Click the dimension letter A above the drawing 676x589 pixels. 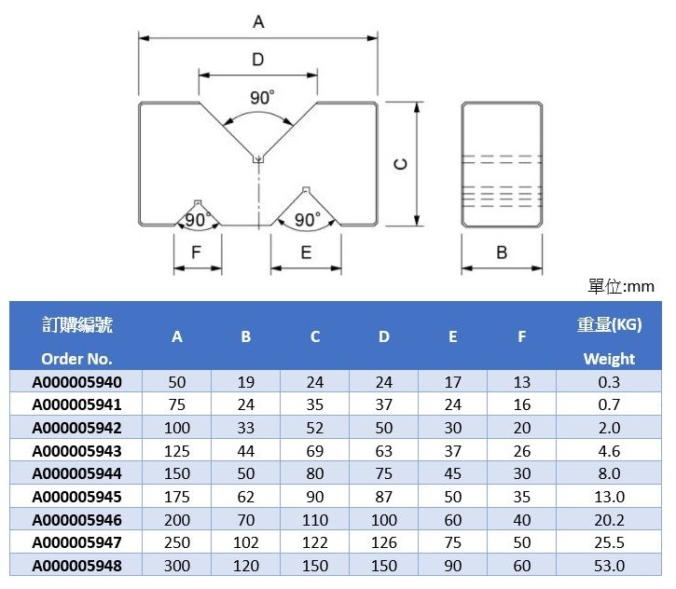point(258,21)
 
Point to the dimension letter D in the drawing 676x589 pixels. point(257,60)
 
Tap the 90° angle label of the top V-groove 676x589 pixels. point(262,98)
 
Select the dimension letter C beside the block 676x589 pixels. point(401,164)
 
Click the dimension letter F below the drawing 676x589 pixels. point(196,252)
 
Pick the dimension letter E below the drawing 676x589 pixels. point(306,252)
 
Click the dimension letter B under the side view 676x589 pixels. point(502,253)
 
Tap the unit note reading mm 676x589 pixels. point(642,286)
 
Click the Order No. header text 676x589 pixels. point(76,359)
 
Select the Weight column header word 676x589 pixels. point(609,359)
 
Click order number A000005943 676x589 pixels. point(76,451)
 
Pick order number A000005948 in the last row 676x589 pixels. point(76,566)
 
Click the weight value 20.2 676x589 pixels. point(609,520)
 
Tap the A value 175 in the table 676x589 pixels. point(177,497)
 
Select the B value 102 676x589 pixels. point(246,542)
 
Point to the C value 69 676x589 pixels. point(315,451)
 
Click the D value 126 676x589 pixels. point(384,542)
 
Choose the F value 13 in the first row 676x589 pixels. point(521,382)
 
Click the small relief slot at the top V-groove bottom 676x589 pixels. point(258,159)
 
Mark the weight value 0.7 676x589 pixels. point(609,404)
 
